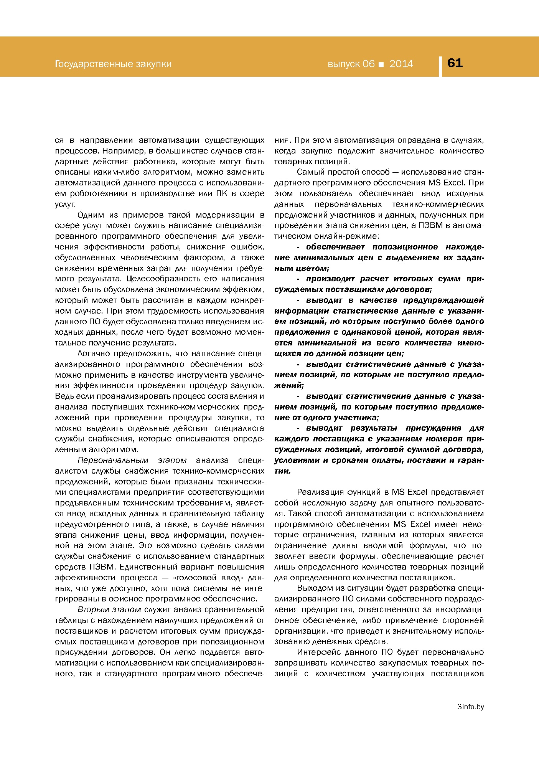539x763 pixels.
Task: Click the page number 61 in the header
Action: coord(455,63)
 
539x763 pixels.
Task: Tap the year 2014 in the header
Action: coord(401,64)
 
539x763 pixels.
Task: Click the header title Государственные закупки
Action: coord(113,64)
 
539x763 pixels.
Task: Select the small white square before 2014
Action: coord(381,64)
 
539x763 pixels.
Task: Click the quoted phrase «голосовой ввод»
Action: coord(202,577)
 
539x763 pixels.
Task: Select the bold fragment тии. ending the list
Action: coord(283,471)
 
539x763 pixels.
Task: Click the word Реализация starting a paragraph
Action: coord(320,492)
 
